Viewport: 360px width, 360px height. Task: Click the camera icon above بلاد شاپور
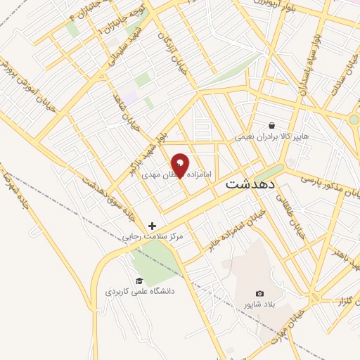260,293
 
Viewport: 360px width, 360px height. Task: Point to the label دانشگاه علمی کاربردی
141,290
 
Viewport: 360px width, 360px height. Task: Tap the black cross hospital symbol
153,226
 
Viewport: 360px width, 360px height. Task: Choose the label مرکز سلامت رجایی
153,238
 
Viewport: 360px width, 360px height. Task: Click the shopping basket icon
271,125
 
